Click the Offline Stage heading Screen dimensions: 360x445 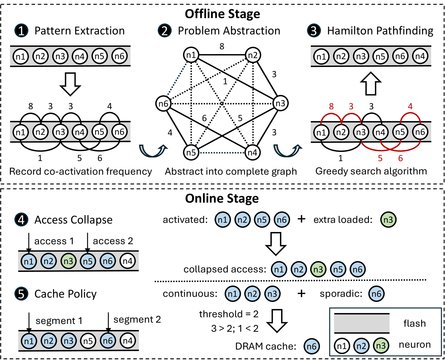tap(222, 14)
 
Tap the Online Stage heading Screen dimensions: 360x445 tap(222, 199)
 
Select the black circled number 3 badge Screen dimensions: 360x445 tap(314, 31)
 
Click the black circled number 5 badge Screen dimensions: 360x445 tap(21, 294)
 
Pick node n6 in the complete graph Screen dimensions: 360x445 tap(163, 103)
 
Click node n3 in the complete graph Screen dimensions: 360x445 tap(280, 103)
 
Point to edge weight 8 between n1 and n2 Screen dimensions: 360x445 tap(222, 46)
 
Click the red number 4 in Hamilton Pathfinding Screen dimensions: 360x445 tap(410, 106)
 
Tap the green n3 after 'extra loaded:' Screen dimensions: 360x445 tap(388, 220)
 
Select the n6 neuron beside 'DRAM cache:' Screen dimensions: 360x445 tap(311, 346)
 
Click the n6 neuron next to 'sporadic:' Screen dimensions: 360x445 tap(376, 294)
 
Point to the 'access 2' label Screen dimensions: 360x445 tap(113, 241)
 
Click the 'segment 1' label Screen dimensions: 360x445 tap(59, 321)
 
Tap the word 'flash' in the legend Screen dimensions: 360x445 tap(414, 323)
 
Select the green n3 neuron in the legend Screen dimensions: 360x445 tap(381, 346)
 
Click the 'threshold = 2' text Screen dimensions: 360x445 tap(229, 314)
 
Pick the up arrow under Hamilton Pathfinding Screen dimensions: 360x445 tap(371, 84)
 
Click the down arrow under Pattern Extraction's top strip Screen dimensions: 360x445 tap(70, 84)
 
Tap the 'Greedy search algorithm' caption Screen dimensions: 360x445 tap(371, 171)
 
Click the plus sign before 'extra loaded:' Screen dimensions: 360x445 tap(301, 219)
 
